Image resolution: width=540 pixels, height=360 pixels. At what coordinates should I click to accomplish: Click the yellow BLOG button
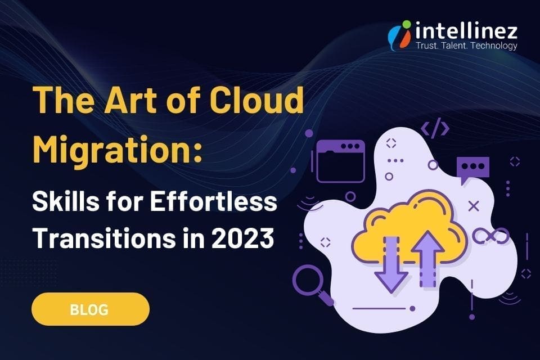tap(90, 309)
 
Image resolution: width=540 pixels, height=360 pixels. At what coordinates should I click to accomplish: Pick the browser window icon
tap(340, 161)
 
